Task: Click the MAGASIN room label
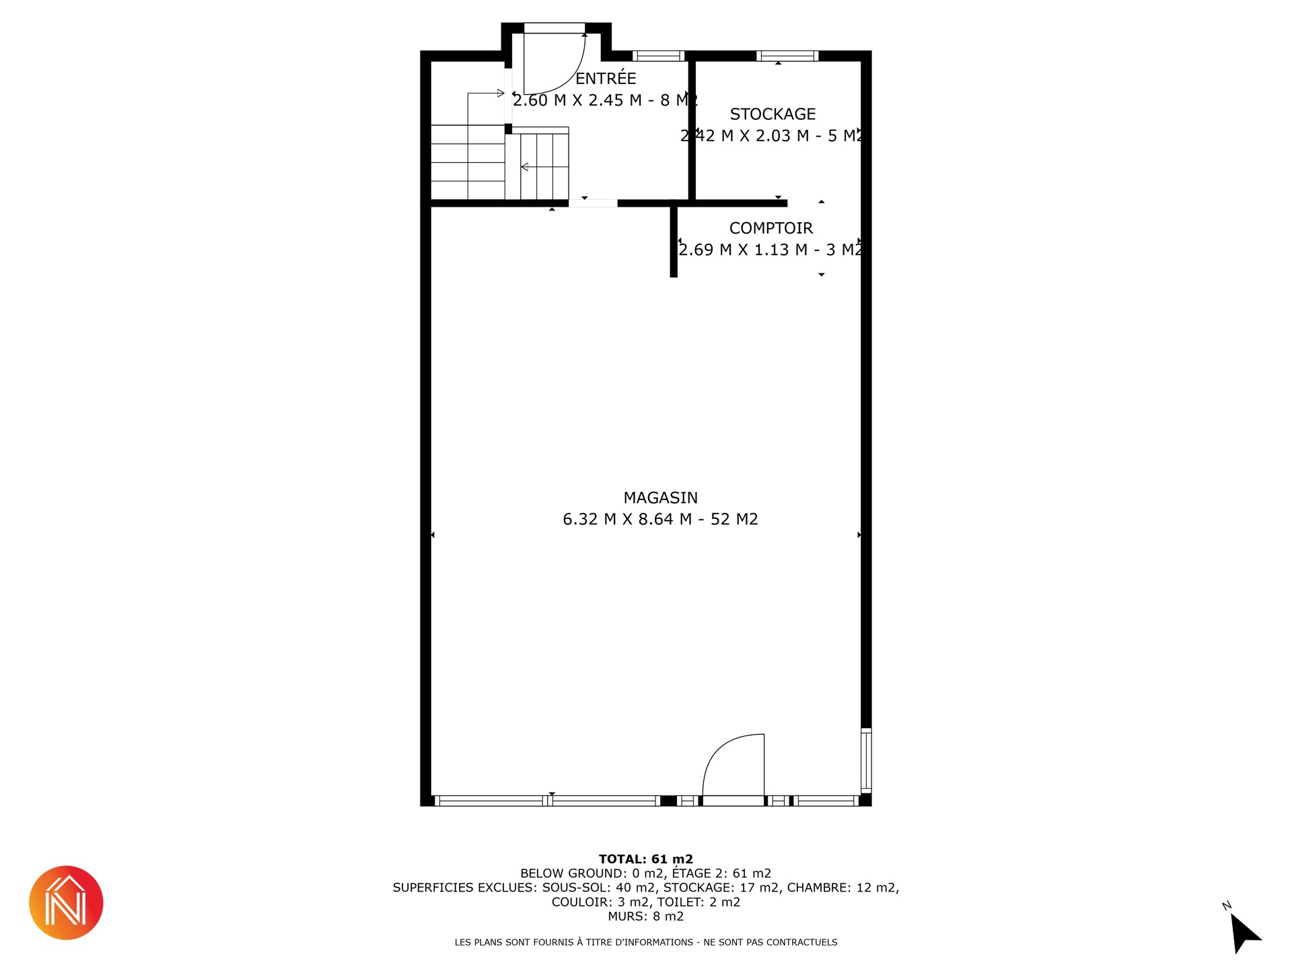tap(660, 498)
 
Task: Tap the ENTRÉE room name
tap(606, 78)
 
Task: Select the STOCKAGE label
tap(773, 114)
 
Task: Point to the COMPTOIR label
tap(771, 228)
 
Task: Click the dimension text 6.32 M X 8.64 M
tap(627, 519)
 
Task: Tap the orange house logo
tap(66, 902)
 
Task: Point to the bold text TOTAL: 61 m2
tap(646, 859)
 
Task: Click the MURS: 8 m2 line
tap(646, 917)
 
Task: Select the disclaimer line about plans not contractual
tap(646, 942)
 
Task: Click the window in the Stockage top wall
tap(787, 56)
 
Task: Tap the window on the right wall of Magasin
tap(866, 760)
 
